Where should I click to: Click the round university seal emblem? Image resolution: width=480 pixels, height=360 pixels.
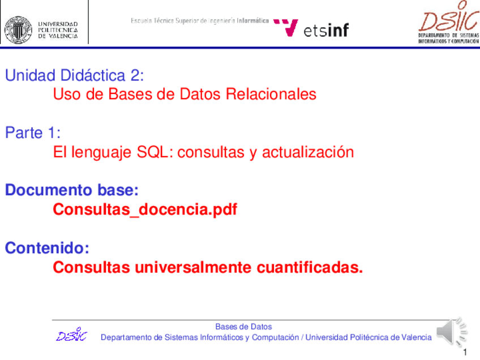[x=18, y=29]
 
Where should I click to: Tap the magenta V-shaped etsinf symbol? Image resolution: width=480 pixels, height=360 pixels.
[x=286, y=28]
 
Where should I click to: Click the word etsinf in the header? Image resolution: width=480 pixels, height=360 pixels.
[x=326, y=30]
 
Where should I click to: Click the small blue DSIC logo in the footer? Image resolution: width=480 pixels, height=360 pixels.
[x=72, y=334]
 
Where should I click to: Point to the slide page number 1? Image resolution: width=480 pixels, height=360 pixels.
[x=465, y=352]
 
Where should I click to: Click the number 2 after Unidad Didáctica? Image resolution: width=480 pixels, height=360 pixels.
[x=135, y=75]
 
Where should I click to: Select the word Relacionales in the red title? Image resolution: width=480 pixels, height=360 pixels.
[x=271, y=94]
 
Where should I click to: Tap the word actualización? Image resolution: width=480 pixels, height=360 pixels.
[x=308, y=152]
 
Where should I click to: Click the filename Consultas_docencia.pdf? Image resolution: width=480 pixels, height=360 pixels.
[x=145, y=209]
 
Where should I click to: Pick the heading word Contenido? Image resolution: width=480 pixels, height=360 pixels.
[x=47, y=248]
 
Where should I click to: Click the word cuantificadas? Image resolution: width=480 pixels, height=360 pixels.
[x=310, y=267]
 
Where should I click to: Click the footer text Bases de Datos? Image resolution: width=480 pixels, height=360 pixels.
[x=243, y=327]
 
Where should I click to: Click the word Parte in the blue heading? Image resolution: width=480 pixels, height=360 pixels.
[x=24, y=133]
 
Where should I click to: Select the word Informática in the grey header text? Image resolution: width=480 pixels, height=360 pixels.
[x=252, y=20]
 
